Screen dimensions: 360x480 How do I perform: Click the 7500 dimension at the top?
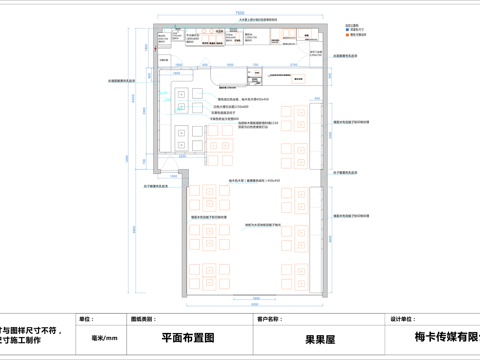[239, 12]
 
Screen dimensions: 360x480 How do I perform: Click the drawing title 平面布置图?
[188, 339]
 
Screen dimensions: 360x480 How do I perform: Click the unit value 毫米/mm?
[105, 339]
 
